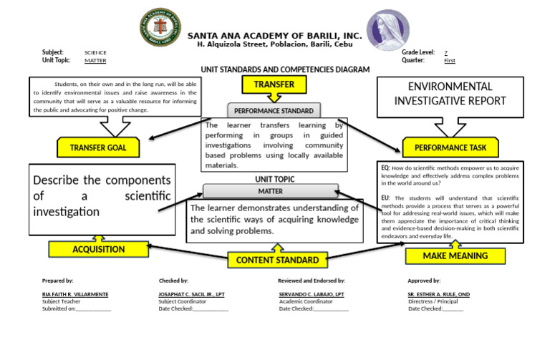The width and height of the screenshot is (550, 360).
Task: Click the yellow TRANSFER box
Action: [x=269, y=85]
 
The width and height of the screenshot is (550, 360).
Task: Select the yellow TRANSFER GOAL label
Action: [x=97, y=148]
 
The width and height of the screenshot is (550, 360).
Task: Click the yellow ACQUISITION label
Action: [x=98, y=250]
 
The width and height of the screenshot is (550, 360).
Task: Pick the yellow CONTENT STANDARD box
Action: [x=277, y=260]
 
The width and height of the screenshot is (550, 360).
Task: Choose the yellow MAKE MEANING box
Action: [x=455, y=256]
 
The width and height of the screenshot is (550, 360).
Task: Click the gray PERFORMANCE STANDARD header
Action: [x=274, y=111]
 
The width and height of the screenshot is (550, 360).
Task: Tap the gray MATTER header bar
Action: [x=270, y=191]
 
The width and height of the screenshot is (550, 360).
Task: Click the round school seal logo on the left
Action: [x=159, y=29]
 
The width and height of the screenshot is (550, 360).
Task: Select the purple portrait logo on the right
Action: [x=389, y=31]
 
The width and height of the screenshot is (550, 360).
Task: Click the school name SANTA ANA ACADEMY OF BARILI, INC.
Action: [x=274, y=36]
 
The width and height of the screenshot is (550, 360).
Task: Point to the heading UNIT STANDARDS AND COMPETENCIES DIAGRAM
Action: [x=285, y=69]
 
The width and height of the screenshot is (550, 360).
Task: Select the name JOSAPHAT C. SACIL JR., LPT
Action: [x=193, y=294]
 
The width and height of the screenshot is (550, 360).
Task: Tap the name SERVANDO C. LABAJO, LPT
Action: [x=311, y=294]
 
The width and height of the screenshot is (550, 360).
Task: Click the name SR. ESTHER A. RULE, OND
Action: [x=438, y=294]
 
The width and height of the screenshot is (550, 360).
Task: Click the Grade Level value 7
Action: [x=446, y=53]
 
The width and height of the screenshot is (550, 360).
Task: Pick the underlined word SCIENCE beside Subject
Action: [x=95, y=53]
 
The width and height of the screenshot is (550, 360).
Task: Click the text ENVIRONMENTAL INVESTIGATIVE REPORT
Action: [x=450, y=93]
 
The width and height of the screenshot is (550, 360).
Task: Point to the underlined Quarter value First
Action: [x=449, y=61]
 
